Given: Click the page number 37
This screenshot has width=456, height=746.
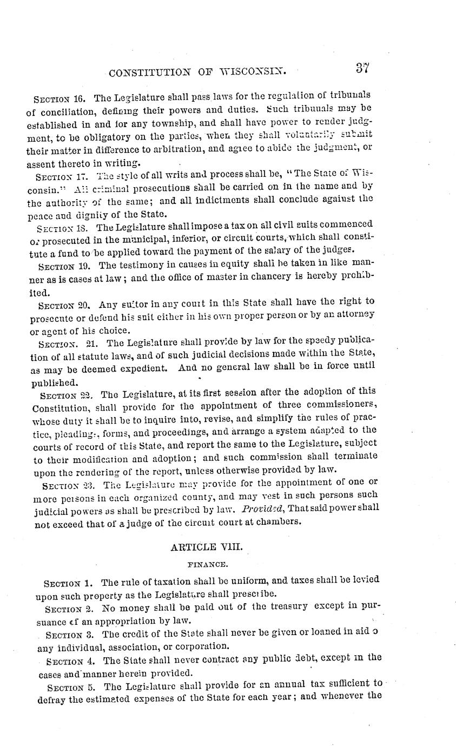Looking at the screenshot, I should (362, 68).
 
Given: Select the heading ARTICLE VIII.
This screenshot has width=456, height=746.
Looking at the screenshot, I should (207, 547).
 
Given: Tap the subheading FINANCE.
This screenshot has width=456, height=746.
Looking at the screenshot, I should (207, 564).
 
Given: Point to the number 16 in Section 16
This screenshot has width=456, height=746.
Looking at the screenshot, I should (83, 98).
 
